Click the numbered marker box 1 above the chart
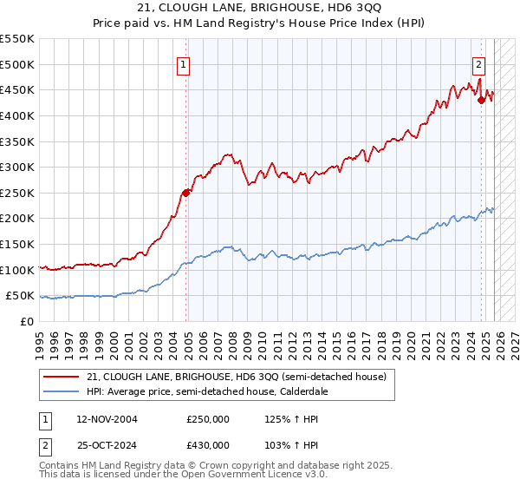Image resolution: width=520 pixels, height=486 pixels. coord(185,63)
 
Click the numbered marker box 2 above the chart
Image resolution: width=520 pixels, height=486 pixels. coord(478,63)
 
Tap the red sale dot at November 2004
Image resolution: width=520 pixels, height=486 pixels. coord(185,193)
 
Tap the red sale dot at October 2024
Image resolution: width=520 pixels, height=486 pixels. coord(482,100)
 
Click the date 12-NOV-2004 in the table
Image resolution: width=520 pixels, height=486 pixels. coord(107,419)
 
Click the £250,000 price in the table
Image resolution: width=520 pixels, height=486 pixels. coord(208,419)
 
